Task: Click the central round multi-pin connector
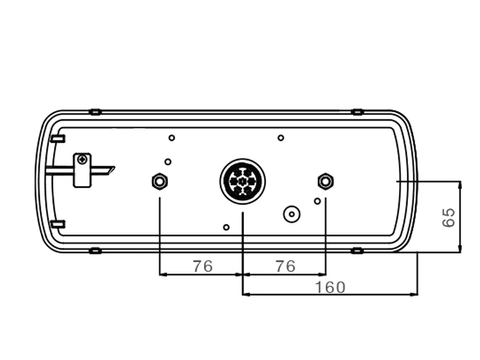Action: (x=242, y=181)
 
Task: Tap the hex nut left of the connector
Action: (x=160, y=181)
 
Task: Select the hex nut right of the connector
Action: (x=325, y=181)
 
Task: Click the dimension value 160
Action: (x=330, y=287)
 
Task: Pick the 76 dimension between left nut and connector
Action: (x=203, y=266)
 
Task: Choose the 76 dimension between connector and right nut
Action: (x=286, y=266)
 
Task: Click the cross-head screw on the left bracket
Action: (x=82, y=159)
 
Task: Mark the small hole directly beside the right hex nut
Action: (x=317, y=201)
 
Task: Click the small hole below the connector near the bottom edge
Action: (x=226, y=227)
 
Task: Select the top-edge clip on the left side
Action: (x=95, y=112)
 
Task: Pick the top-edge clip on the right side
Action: (x=358, y=112)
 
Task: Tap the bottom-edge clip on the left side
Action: (x=95, y=250)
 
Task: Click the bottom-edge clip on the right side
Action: (x=358, y=250)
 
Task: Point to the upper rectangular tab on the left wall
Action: (x=58, y=139)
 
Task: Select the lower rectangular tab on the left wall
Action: (x=58, y=224)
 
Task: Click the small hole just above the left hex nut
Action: (x=168, y=161)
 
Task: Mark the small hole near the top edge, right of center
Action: (x=281, y=138)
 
